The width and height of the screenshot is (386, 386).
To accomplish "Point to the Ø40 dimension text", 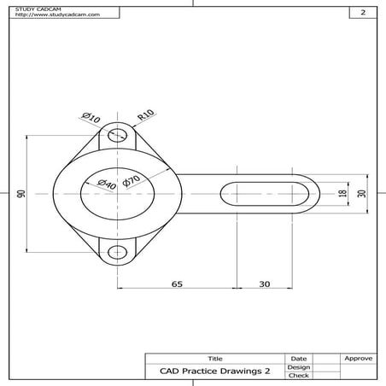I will pyautogui.click(x=106, y=185).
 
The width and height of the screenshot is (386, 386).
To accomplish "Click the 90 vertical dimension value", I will pyautogui.click(x=21, y=194).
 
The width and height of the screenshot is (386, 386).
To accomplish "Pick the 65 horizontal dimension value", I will pyautogui.click(x=177, y=283).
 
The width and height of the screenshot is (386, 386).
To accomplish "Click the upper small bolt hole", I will pyautogui.click(x=118, y=135).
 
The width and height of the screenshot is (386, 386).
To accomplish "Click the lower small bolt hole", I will pyautogui.click(x=118, y=252).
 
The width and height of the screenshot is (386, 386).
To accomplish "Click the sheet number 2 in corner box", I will pyautogui.click(x=363, y=13).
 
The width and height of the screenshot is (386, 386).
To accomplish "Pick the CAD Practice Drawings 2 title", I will pyautogui.click(x=214, y=371).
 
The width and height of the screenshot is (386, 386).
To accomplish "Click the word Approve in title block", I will pyautogui.click(x=358, y=358).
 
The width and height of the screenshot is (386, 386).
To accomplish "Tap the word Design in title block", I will pyautogui.click(x=299, y=366).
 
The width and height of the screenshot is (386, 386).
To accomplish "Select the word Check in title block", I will pyautogui.click(x=299, y=375).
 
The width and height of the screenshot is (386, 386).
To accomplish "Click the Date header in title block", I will pyautogui.click(x=299, y=358).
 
